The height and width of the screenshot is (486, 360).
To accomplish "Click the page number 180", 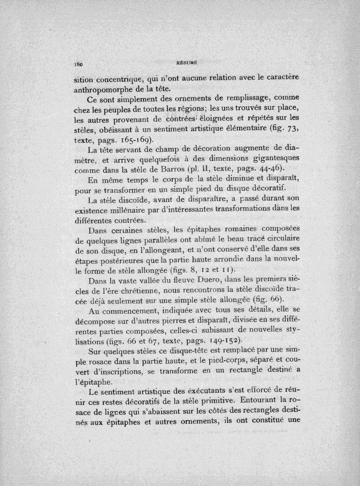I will (x=79, y=64).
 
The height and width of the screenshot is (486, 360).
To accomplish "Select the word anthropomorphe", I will (x=103, y=89).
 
